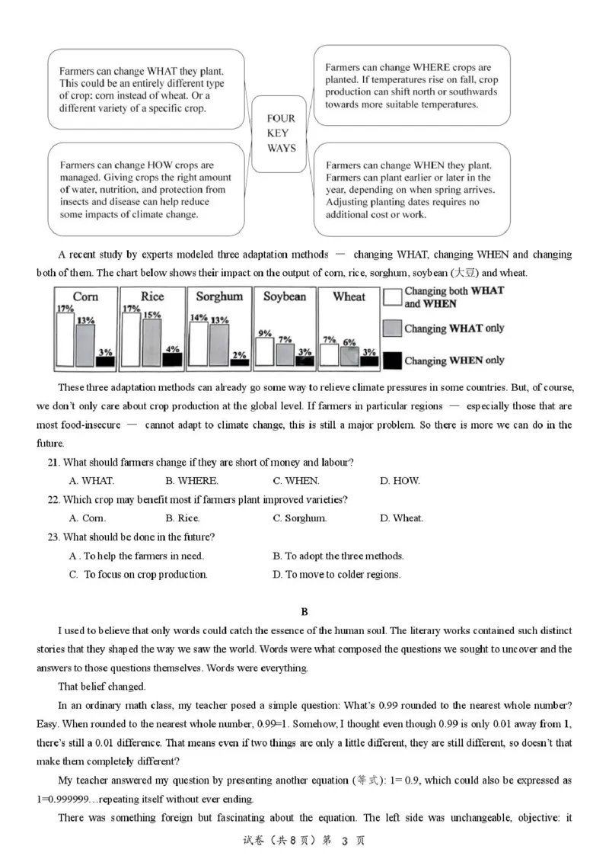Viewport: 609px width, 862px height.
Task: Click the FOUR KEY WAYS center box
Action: coord(281,133)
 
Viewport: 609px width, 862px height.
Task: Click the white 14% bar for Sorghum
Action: coord(198,343)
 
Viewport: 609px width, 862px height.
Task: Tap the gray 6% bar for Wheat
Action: coord(349,355)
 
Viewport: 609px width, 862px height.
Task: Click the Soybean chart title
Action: coord(284,296)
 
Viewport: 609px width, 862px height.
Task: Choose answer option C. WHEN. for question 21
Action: coord(296,481)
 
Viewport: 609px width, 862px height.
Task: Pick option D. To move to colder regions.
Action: coord(336,575)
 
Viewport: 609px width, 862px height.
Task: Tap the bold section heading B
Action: coord(304,612)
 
